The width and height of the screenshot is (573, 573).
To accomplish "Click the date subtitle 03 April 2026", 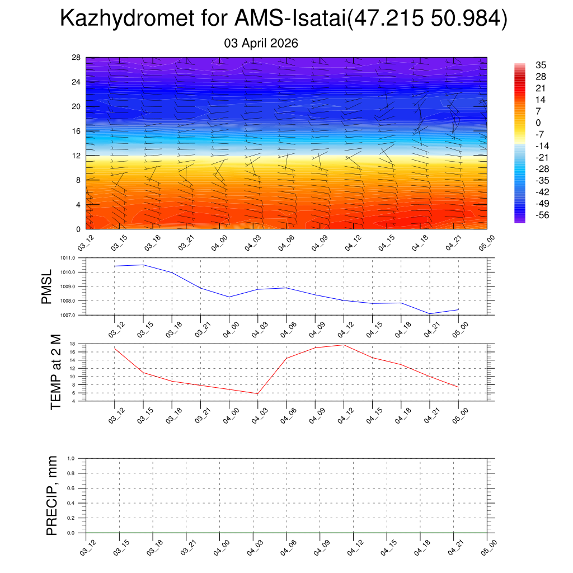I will coord(261,43).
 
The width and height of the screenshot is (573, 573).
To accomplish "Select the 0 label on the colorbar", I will coord(538,123).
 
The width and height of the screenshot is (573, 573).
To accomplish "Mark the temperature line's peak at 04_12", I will coord(344,345).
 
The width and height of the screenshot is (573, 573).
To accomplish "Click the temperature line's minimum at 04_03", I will coord(257,393).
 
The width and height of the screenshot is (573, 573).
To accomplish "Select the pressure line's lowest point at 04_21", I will coord(430,313).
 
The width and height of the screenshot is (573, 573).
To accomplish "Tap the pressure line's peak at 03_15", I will coord(143,265).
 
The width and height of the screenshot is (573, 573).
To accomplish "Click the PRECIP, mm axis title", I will coord(52,495).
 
